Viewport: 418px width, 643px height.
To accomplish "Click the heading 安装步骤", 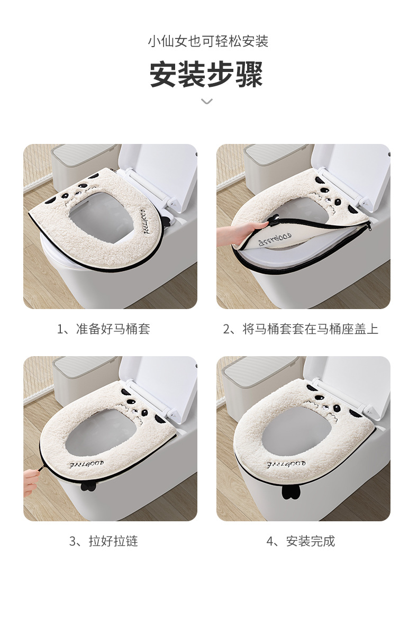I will [206, 74].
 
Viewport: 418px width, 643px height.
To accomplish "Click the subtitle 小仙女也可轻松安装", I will [208, 41].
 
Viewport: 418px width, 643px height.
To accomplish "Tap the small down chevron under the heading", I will [207, 101].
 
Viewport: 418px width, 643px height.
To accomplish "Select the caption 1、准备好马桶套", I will [104, 329].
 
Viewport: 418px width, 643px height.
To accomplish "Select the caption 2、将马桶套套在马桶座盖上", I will [301, 329].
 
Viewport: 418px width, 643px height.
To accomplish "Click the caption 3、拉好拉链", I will [104, 541].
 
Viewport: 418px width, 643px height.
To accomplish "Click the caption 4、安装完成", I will [301, 541].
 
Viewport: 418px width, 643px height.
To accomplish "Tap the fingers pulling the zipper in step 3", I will [32, 478].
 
